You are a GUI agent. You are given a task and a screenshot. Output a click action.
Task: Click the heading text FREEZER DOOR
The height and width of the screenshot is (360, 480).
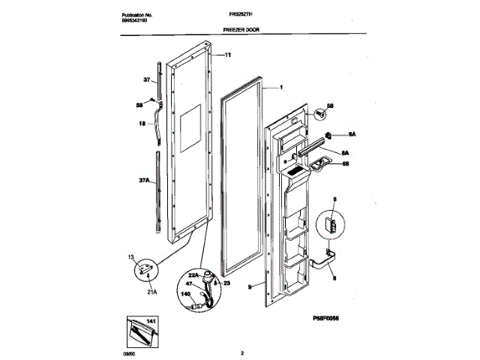click(x=241, y=30)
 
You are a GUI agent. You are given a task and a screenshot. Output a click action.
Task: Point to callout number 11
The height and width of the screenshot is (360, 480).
click(x=228, y=55)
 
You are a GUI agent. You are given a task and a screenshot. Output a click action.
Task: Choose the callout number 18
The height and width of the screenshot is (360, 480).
click(x=140, y=124)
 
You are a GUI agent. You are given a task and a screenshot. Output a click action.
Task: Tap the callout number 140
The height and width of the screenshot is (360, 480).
click(x=187, y=295)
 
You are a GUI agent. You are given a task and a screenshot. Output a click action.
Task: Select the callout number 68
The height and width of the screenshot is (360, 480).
click(x=346, y=163)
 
